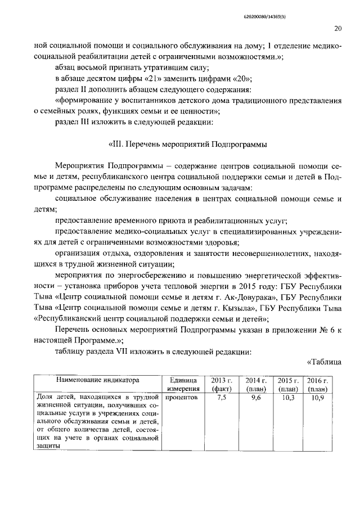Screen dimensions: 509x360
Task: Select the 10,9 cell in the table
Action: [x=318, y=397]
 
